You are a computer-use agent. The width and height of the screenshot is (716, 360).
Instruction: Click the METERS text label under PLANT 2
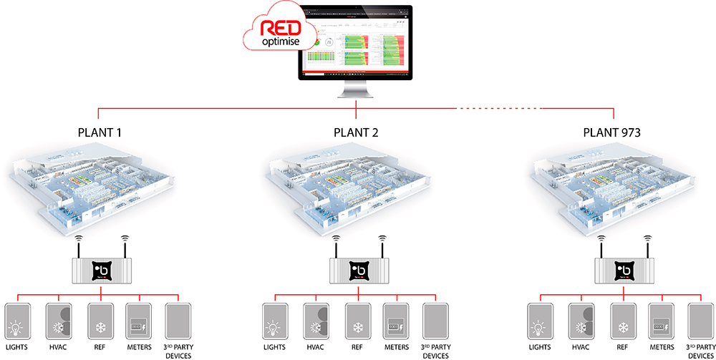(396, 346)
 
